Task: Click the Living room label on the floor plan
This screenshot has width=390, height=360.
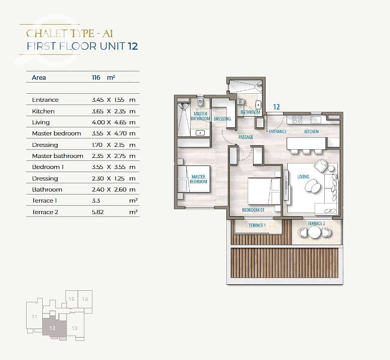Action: click(303, 176)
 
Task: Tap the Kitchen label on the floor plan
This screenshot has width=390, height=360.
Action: click(311, 131)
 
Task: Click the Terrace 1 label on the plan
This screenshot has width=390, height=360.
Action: click(257, 225)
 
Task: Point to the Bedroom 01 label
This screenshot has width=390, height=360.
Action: click(253, 210)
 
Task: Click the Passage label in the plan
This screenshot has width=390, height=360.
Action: click(246, 137)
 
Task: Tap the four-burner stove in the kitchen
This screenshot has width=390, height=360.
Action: click(298, 119)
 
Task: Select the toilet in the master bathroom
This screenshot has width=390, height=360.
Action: click(200, 102)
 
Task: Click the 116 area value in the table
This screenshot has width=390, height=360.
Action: click(96, 78)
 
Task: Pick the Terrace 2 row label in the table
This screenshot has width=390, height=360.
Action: click(45, 212)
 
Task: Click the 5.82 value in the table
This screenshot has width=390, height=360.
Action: click(97, 212)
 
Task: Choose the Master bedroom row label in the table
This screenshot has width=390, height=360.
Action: click(56, 133)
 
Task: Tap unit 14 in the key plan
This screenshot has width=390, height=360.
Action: click(85, 299)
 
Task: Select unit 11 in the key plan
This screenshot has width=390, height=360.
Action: click(34, 316)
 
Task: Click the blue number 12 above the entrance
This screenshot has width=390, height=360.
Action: click(277, 107)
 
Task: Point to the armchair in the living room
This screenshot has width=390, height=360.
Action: click(321, 165)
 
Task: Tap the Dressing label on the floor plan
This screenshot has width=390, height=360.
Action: click(222, 119)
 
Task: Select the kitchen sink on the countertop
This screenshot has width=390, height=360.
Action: click(316, 120)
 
